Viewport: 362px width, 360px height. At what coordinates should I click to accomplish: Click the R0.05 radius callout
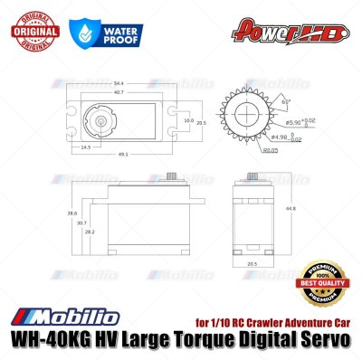[245, 150]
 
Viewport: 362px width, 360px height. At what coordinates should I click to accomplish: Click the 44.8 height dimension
[291, 209]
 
